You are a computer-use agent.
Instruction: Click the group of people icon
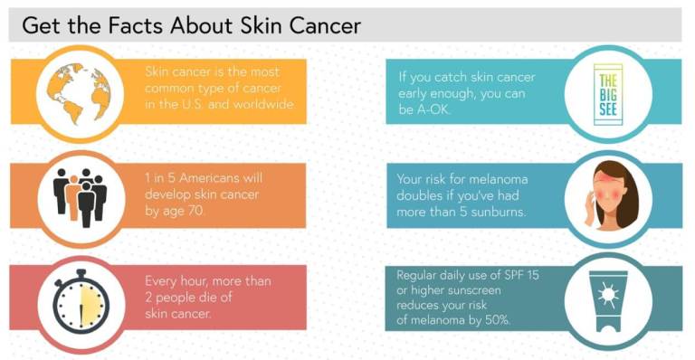pyautogui.click(x=80, y=194)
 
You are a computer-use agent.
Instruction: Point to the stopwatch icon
pyautogui.click(x=81, y=299)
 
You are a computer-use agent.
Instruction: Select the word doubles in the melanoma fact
pyautogui.click(x=424, y=194)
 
